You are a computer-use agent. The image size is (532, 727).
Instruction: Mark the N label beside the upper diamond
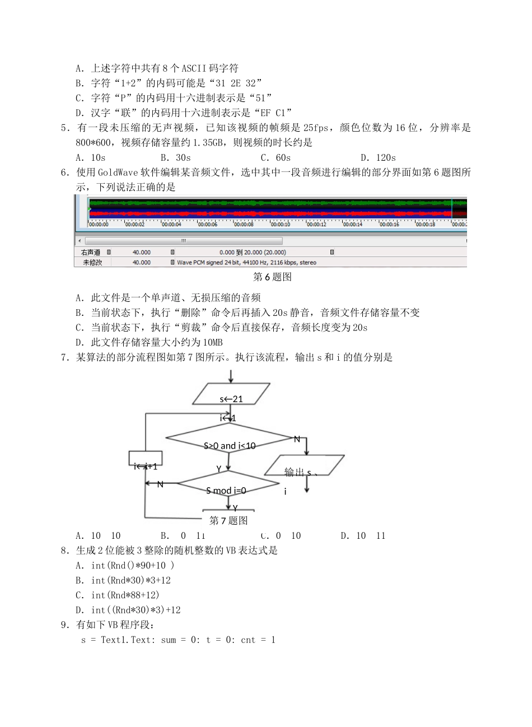coord(297,439)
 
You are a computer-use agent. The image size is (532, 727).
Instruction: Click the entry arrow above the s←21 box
coord(230,376)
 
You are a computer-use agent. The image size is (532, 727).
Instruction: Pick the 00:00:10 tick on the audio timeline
coord(280,225)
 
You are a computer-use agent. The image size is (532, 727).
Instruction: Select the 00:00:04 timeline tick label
coord(171,225)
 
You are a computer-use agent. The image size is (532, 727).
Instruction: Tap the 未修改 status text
coord(92,262)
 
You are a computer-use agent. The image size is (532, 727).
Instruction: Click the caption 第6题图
coord(272,277)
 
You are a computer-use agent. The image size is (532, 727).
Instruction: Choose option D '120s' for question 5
coord(379,158)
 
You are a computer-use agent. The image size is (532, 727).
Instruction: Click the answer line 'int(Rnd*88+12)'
coord(125,595)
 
